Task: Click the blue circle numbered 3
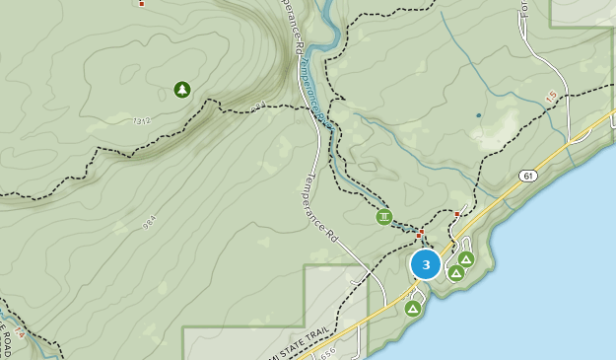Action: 426,264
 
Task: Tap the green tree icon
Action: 182,90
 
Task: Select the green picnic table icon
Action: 383,217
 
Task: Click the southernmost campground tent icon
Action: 413,309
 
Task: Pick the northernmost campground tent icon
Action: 466,258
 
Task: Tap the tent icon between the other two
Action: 456,272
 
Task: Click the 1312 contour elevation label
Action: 142,121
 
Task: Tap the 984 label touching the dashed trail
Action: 258,106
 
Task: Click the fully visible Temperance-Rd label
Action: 322,208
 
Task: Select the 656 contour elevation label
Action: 329,351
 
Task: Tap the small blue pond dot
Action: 479,115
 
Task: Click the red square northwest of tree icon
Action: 142,4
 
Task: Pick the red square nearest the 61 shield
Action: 457,213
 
